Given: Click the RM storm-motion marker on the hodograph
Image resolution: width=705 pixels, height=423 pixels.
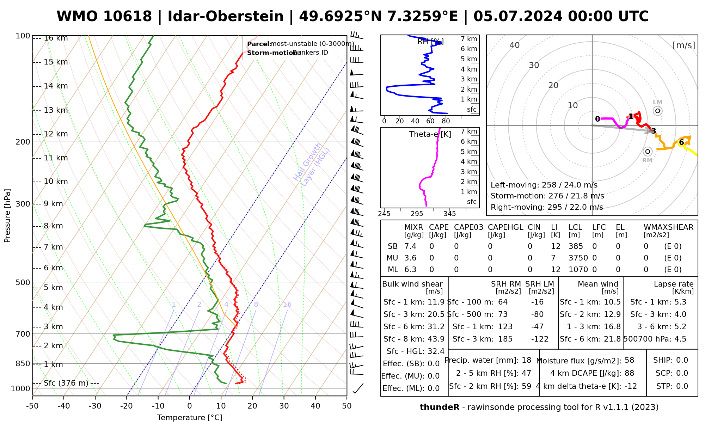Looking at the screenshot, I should click(647, 152).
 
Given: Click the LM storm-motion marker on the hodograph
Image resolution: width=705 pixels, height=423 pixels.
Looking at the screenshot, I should click(657, 111).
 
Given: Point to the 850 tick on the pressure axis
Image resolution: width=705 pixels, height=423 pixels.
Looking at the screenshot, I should click(23, 363).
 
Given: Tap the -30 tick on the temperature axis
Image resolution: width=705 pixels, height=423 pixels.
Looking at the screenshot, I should click(95, 406).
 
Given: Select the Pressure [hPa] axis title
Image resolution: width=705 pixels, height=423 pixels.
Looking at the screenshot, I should click(7, 216).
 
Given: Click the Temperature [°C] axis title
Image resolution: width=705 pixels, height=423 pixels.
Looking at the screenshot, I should click(190, 418).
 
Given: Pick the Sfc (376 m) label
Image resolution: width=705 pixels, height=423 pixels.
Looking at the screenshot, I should click(66, 383).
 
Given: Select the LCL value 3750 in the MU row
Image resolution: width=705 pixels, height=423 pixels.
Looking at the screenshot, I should click(578, 258).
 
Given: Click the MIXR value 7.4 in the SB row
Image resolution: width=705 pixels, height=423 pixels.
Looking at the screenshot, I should click(410, 246).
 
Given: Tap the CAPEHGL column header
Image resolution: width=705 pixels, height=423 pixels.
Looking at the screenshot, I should click(505, 227).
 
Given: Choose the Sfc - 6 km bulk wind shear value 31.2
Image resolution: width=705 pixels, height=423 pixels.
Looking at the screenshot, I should click(436, 327).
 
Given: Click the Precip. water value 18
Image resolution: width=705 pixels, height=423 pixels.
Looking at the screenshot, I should click(527, 360).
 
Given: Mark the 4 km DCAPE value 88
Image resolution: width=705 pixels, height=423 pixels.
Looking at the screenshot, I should click(629, 373).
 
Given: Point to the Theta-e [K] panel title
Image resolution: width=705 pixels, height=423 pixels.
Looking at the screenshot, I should click(430, 134).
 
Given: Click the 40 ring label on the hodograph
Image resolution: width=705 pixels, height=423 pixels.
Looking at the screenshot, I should click(515, 45).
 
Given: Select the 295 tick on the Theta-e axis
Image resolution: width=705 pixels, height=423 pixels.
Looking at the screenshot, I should click(417, 214).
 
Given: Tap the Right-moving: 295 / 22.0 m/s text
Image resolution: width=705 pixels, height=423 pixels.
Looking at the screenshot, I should click(547, 207).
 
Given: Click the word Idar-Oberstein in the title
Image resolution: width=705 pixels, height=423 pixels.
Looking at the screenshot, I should click(226, 17).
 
